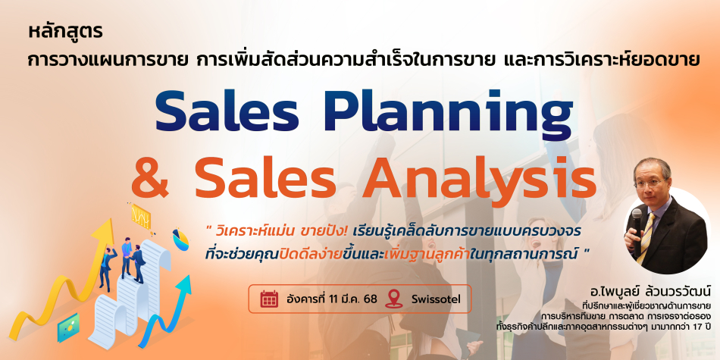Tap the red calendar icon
click(269, 299)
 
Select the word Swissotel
click(436, 299)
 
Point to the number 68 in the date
click(370, 299)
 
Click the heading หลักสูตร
click(65, 33)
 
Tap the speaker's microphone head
click(637, 214)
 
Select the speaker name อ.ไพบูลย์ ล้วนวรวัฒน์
click(651, 291)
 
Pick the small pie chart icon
click(180, 239)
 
